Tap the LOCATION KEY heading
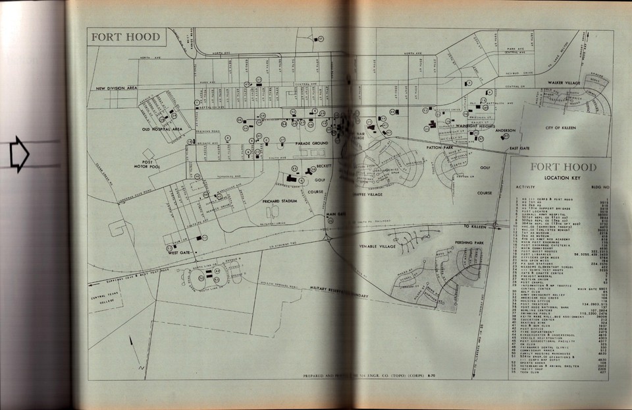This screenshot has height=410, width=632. pyautogui.click(x=562, y=178)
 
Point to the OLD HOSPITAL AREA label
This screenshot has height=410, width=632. pyautogui.click(x=162, y=129)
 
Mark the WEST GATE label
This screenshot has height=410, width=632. pyautogui.click(x=179, y=252)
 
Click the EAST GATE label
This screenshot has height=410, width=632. pyautogui.click(x=519, y=150)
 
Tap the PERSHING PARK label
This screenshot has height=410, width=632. pyautogui.click(x=469, y=243)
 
